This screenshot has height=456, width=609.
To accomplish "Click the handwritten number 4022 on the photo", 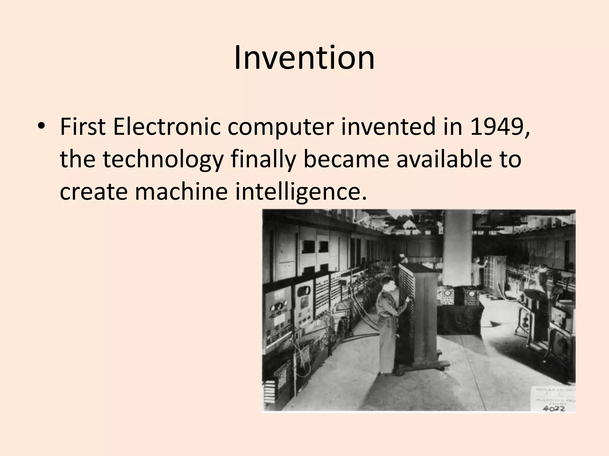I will point(554,408).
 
